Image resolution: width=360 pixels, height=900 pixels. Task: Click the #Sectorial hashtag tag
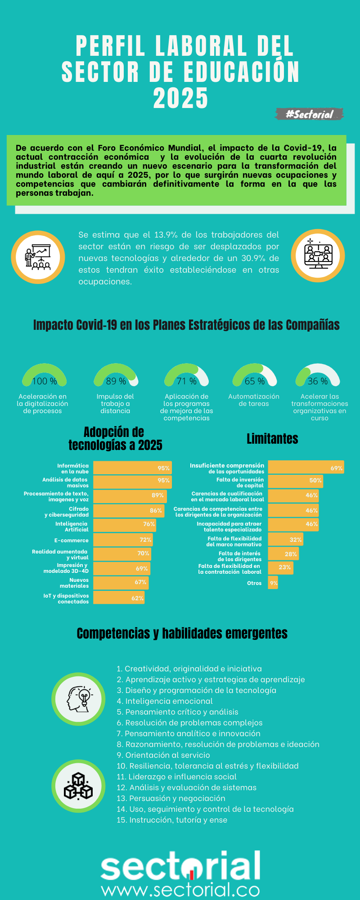[x=310, y=114]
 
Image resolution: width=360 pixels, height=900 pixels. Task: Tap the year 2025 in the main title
[x=180, y=98]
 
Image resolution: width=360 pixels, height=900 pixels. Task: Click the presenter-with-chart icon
[x=38, y=257]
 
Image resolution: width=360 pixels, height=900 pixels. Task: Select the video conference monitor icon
[x=318, y=256]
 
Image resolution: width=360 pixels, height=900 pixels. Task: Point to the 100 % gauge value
[x=45, y=381]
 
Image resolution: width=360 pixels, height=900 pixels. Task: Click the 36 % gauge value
[x=318, y=381]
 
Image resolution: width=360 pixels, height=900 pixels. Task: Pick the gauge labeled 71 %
[x=186, y=376]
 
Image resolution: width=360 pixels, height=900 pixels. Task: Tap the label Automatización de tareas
[x=254, y=400]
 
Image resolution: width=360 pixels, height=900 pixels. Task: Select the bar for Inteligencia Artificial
[x=124, y=525]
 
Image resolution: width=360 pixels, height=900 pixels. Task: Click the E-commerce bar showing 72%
[x=123, y=540]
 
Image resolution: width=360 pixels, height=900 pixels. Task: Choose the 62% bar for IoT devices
[x=119, y=598]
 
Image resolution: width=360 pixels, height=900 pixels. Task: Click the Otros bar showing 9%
[x=273, y=583]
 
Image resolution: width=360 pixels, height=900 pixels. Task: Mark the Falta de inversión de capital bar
[x=295, y=481]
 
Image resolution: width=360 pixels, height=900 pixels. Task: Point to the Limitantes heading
[x=272, y=439]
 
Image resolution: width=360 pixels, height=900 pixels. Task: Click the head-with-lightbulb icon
[x=78, y=699]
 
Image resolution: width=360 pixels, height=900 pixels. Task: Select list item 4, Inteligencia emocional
[x=165, y=701]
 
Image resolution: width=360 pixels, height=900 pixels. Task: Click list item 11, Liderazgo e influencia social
[x=176, y=777]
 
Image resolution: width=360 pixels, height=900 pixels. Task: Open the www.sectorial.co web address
[x=180, y=890]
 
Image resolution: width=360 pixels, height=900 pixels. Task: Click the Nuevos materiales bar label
[x=74, y=583]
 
